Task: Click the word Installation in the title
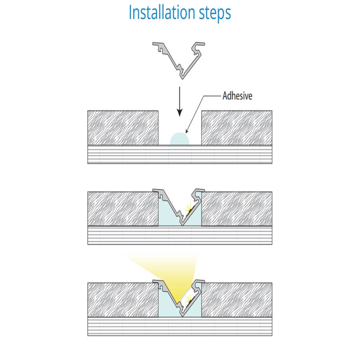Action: [x=162, y=12]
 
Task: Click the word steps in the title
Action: [x=215, y=14]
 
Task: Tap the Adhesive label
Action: [x=237, y=96]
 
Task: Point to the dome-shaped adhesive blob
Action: [x=180, y=139]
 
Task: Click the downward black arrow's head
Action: [x=180, y=112]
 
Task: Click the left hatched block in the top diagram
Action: [x=123, y=128]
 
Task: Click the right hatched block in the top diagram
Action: [x=237, y=128]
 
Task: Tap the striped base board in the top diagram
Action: [x=180, y=154]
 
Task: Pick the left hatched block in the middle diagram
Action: [x=123, y=209]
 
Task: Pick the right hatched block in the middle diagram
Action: [x=237, y=209]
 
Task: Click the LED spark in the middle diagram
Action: [x=189, y=208]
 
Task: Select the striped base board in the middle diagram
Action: [x=180, y=235]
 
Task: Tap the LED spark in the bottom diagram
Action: [x=189, y=299]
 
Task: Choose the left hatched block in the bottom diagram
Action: [x=123, y=300]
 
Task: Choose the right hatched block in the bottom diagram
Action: [x=237, y=300]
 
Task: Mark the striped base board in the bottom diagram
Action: [x=180, y=327]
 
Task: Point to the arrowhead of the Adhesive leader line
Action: [x=186, y=131]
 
